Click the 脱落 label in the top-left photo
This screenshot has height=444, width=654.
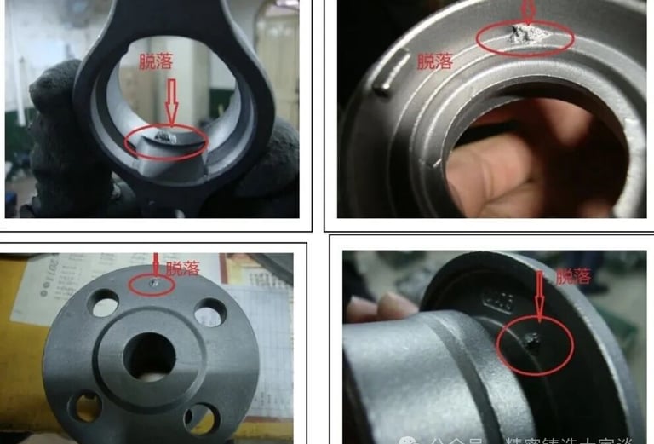(x=158, y=61)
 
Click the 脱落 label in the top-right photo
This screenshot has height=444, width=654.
(x=434, y=61)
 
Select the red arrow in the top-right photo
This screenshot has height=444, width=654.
(x=528, y=12)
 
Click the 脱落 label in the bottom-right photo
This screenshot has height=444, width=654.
(x=572, y=276)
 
